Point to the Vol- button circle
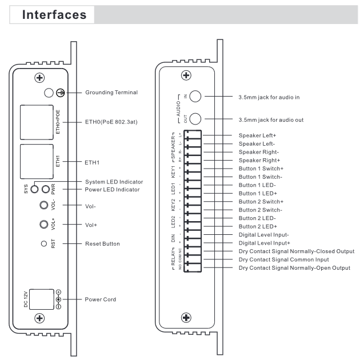(x=42, y=206)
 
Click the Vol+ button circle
(x=42, y=225)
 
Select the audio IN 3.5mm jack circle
(x=195, y=97)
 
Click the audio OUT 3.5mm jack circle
(x=195, y=118)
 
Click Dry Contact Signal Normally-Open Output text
(x=294, y=268)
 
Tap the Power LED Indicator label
(x=114, y=190)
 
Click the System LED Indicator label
(x=115, y=182)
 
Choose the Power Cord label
(x=102, y=299)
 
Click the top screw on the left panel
(x=40, y=78)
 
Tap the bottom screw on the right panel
(x=186, y=317)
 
